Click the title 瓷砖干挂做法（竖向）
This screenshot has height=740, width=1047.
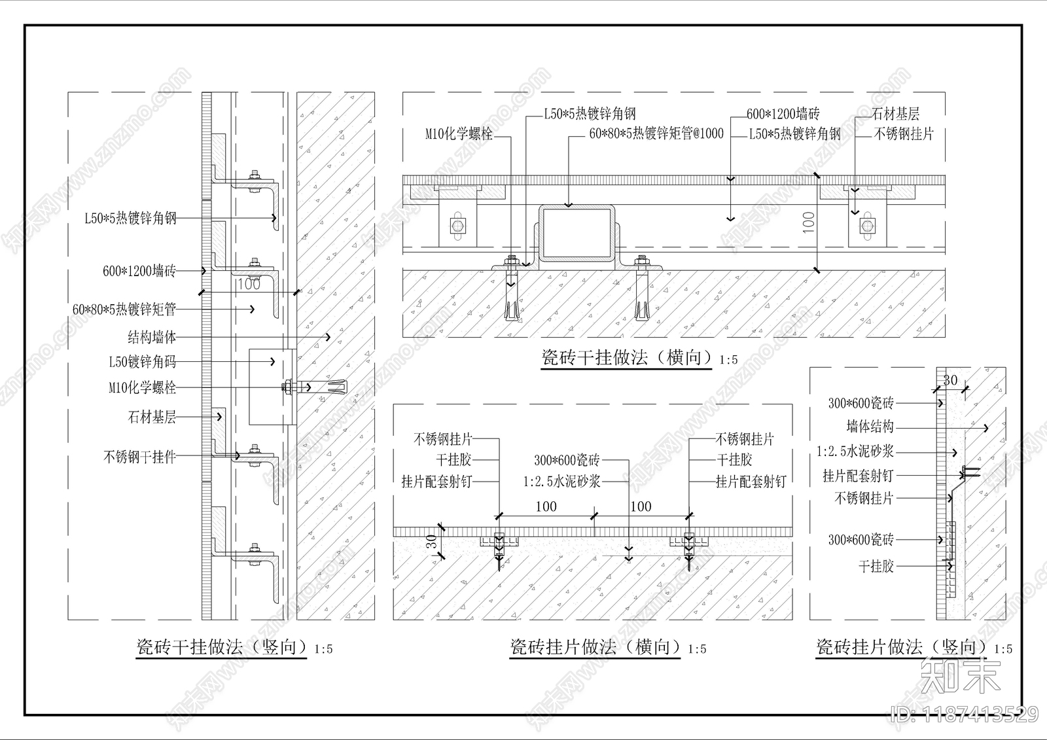click(x=221, y=648)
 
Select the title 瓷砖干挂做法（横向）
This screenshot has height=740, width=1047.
click(x=626, y=358)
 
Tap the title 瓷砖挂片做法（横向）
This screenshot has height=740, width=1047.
click(x=595, y=648)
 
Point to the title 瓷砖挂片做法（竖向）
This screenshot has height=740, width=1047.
click(x=901, y=648)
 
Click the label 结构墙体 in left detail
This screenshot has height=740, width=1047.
click(x=152, y=338)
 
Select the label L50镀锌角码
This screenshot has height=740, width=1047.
click(x=142, y=362)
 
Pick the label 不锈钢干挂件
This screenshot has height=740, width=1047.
click(x=139, y=457)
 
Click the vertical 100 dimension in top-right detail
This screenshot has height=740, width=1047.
click(x=809, y=222)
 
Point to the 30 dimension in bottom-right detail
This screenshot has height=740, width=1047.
click(x=950, y=380)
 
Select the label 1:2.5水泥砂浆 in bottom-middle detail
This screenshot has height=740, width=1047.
click(x=561, y=482)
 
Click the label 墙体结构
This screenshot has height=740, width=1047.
click(x=870, y=427)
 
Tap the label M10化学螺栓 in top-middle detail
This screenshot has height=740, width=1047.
click(x=459, y=134)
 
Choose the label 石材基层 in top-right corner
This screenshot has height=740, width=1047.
click(x=896, y=114)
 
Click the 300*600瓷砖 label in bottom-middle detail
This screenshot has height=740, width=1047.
click(x=567, y=461)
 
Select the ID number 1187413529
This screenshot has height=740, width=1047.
click(x=965, y=714)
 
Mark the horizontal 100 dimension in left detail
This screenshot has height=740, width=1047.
click(x=248, y=284)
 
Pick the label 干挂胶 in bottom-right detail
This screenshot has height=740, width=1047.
click(x=876, y=566)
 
